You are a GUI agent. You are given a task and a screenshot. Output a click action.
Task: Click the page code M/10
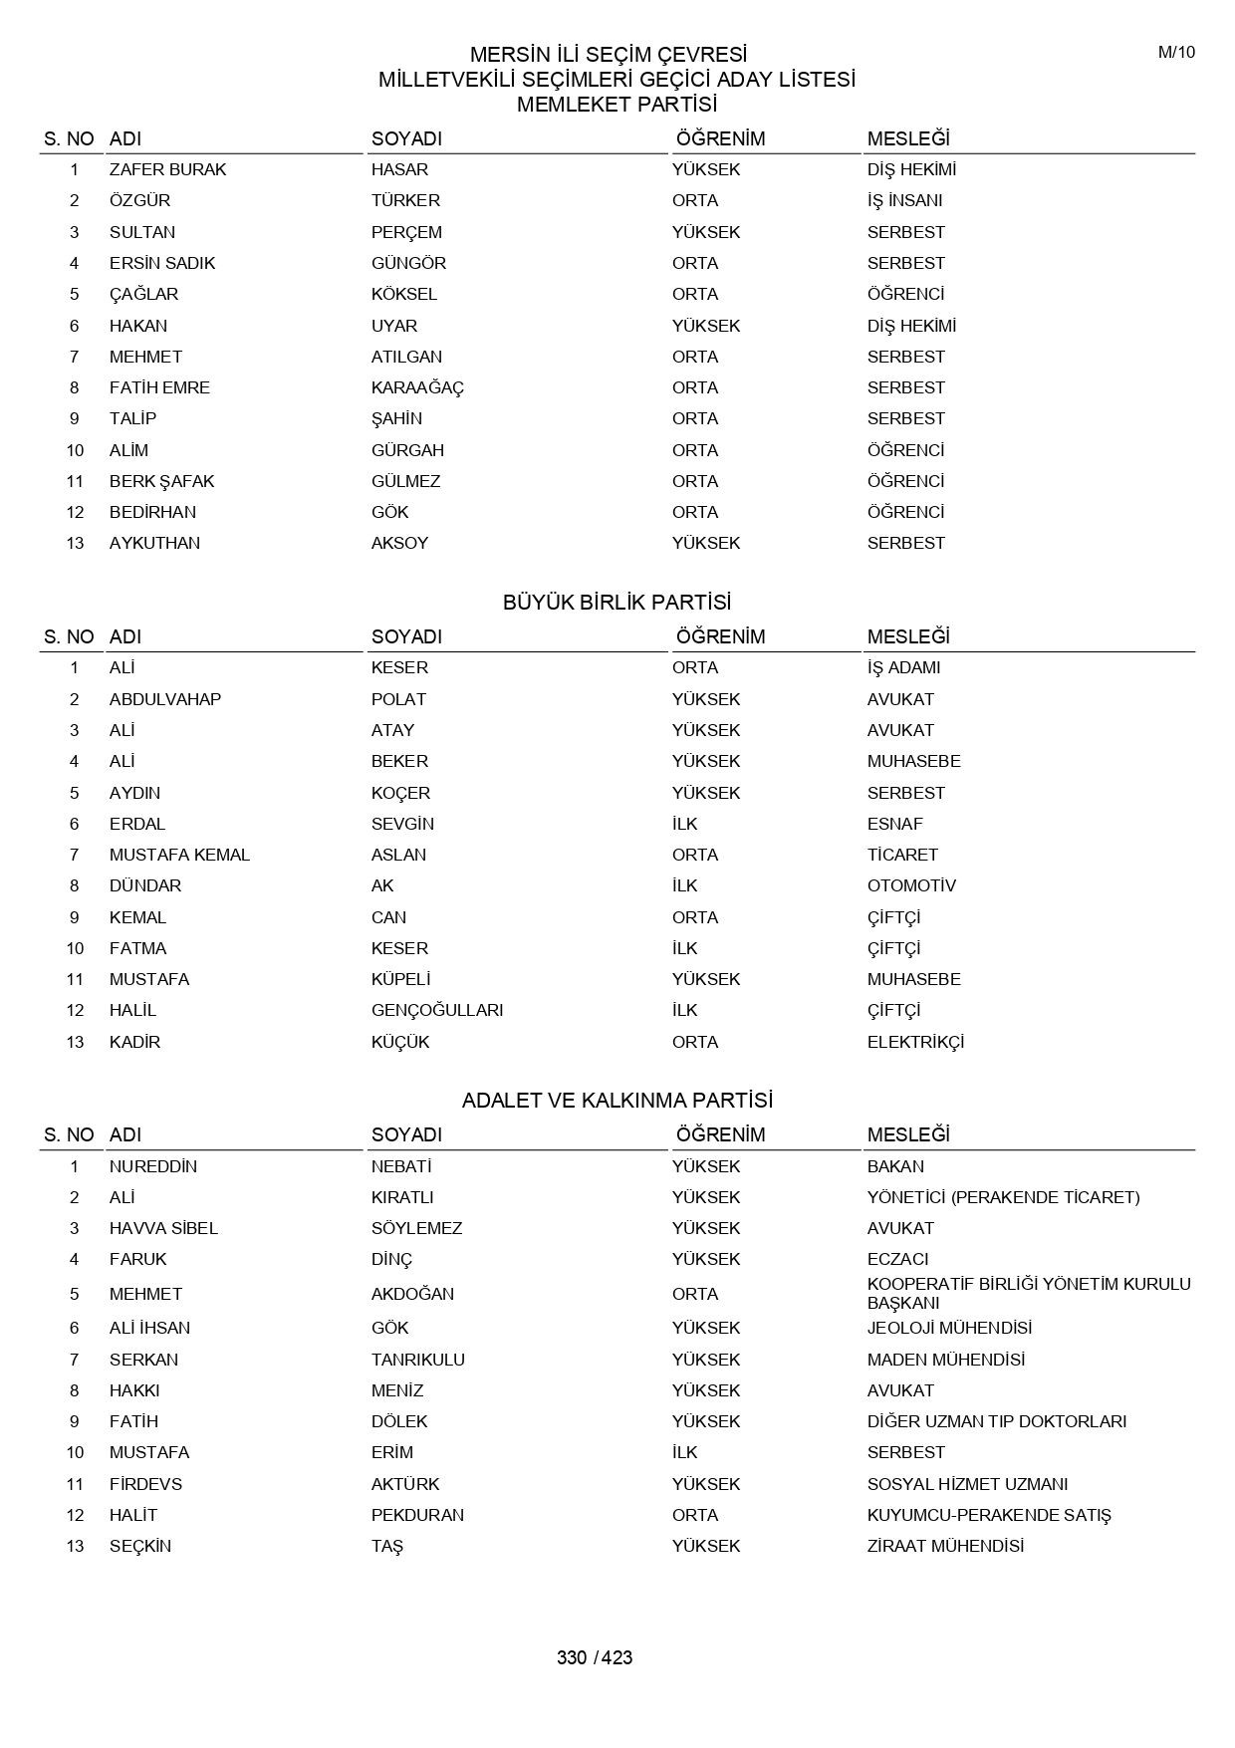(1176, 53)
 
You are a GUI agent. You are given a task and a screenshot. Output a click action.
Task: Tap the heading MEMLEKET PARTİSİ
(617, 105)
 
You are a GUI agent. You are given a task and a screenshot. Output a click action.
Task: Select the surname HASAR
(399, 169)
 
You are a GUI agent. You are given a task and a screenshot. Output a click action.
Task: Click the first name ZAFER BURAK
(167, 169)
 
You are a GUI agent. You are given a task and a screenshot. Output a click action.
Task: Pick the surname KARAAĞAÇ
(417, 387)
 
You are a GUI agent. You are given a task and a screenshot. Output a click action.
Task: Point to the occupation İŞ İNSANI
(904, 200)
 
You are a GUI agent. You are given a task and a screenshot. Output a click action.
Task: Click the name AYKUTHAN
(154, 543)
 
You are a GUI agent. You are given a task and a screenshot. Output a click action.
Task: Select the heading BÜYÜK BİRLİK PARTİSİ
(617, 603)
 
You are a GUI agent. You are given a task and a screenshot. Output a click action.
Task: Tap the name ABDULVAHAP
(165, 699)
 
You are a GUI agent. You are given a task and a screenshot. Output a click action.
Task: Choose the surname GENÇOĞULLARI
(437, 1010)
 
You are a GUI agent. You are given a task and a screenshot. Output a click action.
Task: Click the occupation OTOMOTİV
(911, 885)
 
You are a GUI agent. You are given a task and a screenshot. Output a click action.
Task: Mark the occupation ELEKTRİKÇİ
(915, 1042)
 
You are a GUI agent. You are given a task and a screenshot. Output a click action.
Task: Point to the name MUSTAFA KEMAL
(179, 855)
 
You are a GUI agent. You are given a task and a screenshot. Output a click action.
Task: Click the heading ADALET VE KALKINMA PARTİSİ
(617, 1101)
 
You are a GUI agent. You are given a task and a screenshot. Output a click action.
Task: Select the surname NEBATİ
(401, 1166)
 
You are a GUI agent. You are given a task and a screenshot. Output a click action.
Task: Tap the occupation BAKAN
(895, 1166)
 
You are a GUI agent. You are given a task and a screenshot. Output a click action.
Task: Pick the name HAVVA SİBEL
(163, 1228)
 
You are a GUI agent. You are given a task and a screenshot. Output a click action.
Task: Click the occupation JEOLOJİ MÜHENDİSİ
(949, 1328)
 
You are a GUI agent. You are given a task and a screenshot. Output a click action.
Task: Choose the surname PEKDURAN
(417, 1515)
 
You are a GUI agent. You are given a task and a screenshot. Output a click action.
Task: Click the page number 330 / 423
(595, 1657)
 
